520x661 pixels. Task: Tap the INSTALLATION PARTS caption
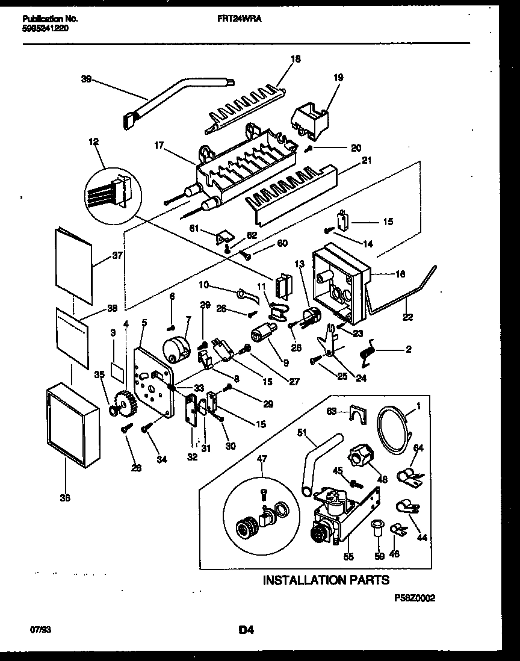point(326,580)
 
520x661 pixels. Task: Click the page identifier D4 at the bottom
point(245,630)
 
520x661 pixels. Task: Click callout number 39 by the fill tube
point(87,78)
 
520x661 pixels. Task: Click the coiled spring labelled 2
point(368,352)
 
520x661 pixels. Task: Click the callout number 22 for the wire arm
point(407,317)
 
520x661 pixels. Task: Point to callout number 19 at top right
point(338,77)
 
